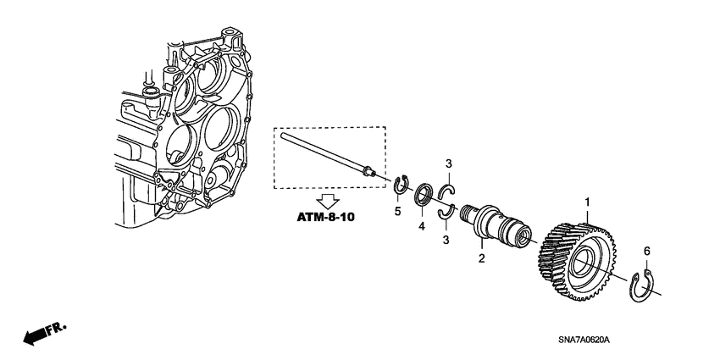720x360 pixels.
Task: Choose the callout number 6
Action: click(647, 251)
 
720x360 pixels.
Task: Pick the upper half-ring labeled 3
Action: click(448, 193)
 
